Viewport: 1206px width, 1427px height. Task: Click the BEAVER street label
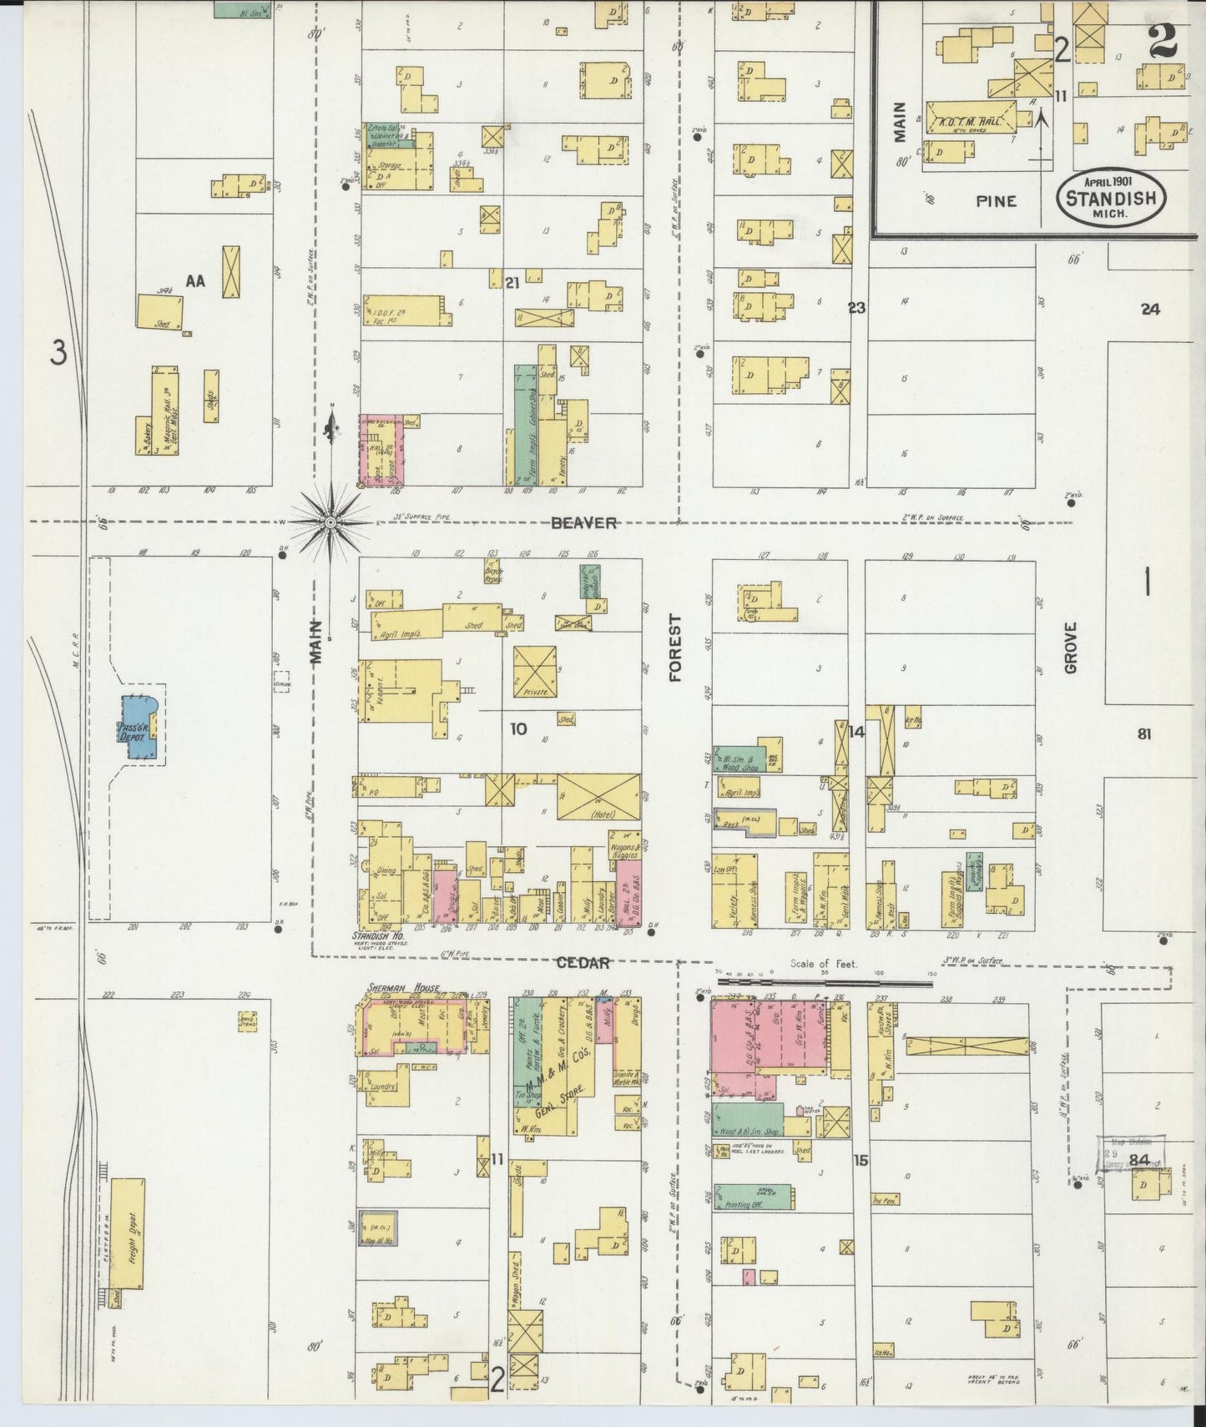[583, 523]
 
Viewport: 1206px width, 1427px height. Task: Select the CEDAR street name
[583, 962]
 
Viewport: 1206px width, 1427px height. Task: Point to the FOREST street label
[675, 648]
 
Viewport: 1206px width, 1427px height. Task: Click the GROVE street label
[1071, 648]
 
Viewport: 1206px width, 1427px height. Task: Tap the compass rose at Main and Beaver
[331, 522]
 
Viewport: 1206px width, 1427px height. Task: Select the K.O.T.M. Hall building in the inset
[972, 116]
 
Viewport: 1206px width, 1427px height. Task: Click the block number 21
[512, 284]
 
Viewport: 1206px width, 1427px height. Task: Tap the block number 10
[518, 729]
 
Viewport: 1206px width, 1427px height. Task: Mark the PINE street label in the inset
[996, 201]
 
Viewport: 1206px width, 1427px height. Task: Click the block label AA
[194, 281]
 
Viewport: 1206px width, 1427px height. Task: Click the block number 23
[856, 308]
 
